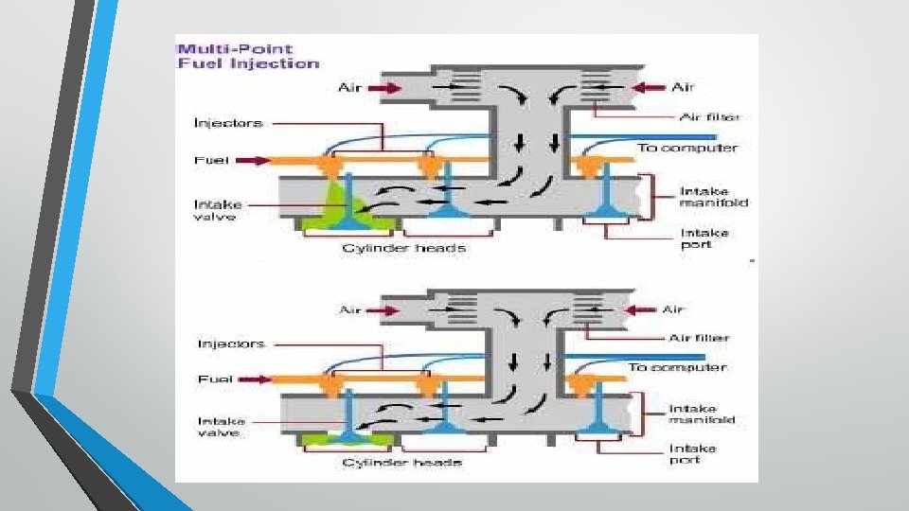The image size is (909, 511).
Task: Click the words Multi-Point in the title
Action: coord(235,49)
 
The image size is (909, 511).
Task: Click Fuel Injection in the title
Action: coord(249,63)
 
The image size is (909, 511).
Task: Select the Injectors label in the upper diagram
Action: coord(227,123)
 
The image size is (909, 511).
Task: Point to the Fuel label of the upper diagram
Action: coord(209,160)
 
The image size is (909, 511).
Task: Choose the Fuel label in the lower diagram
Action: coord(215,379)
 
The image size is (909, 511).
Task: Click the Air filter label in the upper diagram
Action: coord(710,117)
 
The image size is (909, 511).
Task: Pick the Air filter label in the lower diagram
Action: coord(700,338)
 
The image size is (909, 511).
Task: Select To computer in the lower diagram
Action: coord(677,366)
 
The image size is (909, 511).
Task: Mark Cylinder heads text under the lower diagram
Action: coord(401,463)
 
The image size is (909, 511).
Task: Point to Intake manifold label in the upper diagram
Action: coord(713,197)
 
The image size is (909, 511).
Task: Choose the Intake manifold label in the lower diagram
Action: coord(702,414)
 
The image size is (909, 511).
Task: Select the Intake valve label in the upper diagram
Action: coord(218,209)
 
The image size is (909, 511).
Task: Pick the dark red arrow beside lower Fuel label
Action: coord(252,379)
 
